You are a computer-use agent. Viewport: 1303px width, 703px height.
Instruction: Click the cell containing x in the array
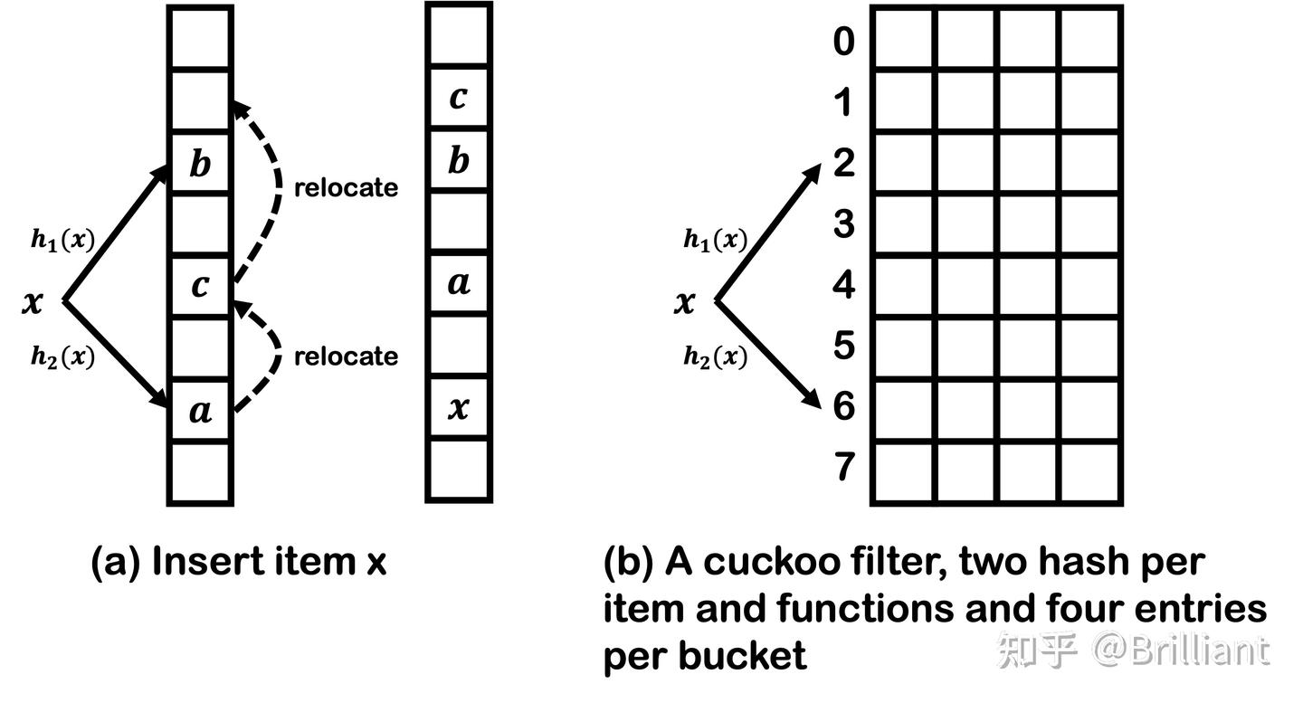pyautogui.click(x=459, y=408)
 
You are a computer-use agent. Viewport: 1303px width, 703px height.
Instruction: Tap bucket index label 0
pyautogui.click(x=843, y=41)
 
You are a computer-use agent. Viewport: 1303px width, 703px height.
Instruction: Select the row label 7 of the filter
pyautogui.click(x=843, y=468)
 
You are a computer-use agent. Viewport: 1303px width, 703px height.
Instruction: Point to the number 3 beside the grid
pyautogui.click(x=843, y=223)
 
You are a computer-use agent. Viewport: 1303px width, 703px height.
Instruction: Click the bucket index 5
pyautogui.click(x=843, y=345)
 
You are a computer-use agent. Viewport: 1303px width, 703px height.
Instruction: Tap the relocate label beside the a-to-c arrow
pyautogui.click(x=346, y=356)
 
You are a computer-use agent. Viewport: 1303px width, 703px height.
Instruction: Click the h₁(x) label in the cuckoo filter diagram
pyautogui.click(x=715, y=241)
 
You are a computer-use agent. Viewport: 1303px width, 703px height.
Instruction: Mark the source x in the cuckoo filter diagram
pyautogui.click(x=685, y=302)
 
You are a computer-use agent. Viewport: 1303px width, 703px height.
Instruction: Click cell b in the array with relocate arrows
pyautogui.click(x=200, y=165)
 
